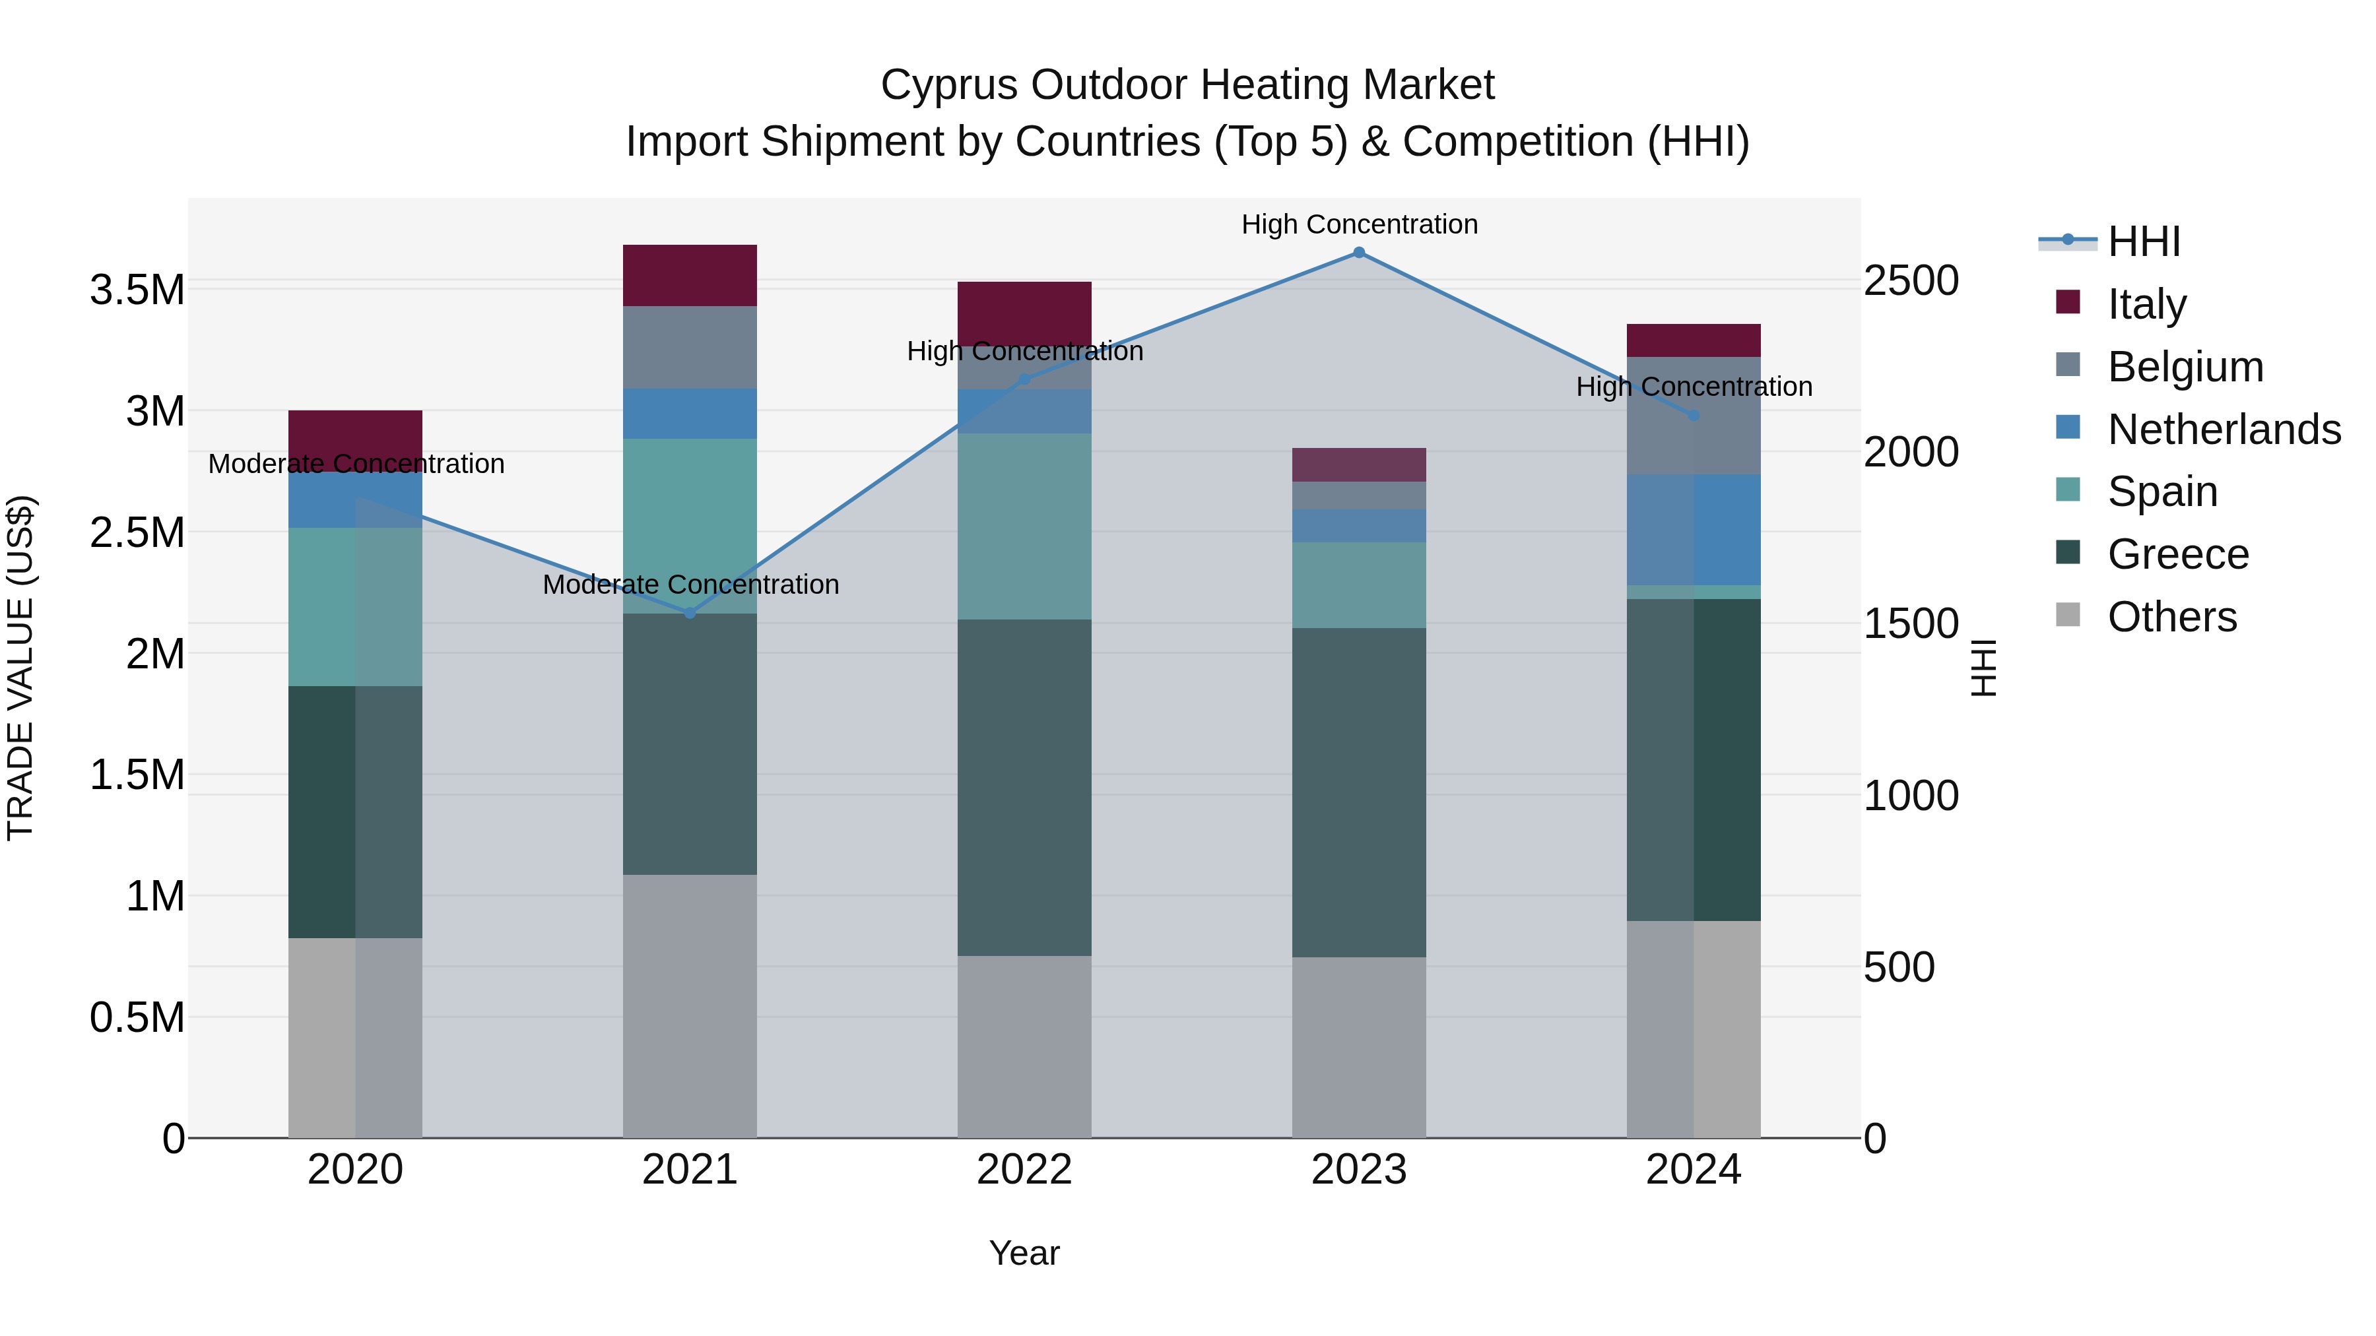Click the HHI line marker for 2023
click(1359, 253)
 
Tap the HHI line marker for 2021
click(690, 613)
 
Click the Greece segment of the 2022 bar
click(1024, 786)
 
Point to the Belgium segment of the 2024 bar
click(1694, 416)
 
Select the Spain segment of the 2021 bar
click(690, 526)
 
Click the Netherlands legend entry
click(2223, 429)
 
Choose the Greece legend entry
click(2177, 554)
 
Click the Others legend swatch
click(2068, 615)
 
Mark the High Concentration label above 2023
click(1359, 224)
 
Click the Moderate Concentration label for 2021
click(690, 585)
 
